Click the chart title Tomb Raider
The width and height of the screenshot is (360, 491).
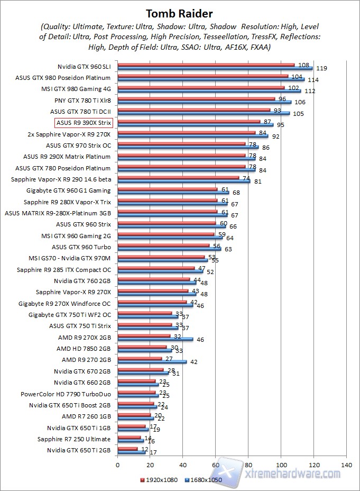[179, 13]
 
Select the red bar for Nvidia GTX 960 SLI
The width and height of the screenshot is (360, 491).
[206, 65]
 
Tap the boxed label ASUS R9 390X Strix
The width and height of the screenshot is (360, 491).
[84, 123]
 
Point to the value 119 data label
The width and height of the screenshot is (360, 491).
[322, 68]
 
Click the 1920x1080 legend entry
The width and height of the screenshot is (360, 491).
[158, 480]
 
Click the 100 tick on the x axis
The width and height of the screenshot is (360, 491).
[281, 465]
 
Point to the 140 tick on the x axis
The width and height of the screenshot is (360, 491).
[346, 465]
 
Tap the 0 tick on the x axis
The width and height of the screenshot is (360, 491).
[117, 465]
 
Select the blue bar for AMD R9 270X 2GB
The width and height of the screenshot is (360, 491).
[155, 339]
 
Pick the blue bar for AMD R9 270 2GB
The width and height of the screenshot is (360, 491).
[152, 362]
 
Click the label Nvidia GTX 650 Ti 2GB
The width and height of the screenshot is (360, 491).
[79, 450]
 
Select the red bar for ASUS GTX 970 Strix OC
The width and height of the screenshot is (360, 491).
[182, 143]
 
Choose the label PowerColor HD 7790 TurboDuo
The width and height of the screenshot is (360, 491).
[66, 394]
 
